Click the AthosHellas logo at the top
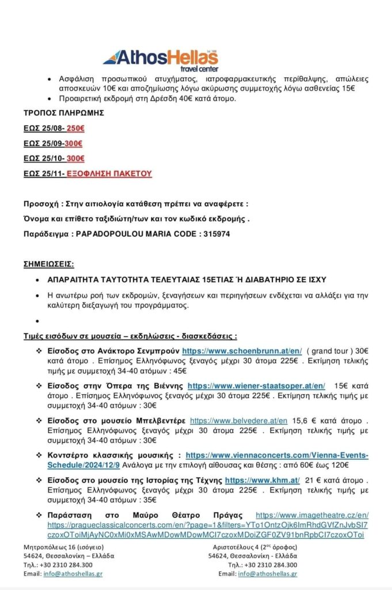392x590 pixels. [161, 58]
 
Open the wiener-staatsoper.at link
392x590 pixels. [256, 386]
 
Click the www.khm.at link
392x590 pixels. [262, 480]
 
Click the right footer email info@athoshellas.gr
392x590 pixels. [267, 574]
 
